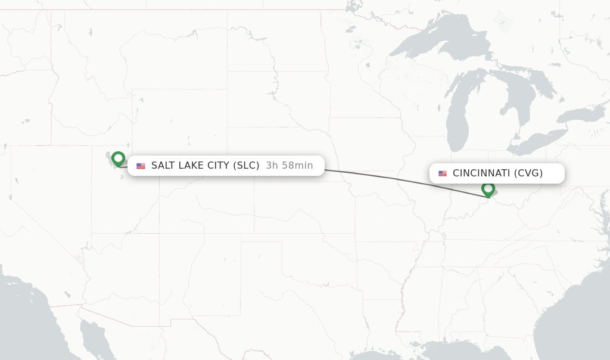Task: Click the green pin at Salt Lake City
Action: (118, 159)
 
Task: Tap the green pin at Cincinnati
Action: (488, 189)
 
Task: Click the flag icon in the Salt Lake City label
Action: (141, 166)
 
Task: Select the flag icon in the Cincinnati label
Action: (443, 173)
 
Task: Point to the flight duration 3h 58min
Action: (289, 166)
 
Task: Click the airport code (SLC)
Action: (244, 166)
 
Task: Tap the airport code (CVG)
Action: (528, 173)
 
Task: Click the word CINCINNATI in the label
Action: (481, 173)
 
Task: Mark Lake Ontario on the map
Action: (581, 115)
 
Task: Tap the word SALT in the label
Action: (163, 166)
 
